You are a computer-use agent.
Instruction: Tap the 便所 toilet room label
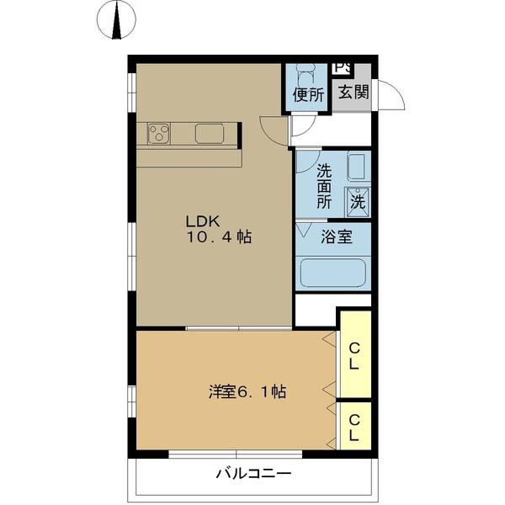[x=308, y=95]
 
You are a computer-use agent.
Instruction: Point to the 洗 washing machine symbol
[x=358, y=201]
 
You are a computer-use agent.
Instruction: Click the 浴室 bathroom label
[x=337, y=237]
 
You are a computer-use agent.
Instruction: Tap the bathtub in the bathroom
[x=333, y=273]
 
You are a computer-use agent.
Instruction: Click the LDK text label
[x=203, y=221]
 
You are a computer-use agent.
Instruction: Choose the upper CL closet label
[x=354, y=356]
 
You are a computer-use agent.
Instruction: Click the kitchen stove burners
[x=160, y=133]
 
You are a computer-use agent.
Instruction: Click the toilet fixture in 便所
[x=307, y=74]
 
